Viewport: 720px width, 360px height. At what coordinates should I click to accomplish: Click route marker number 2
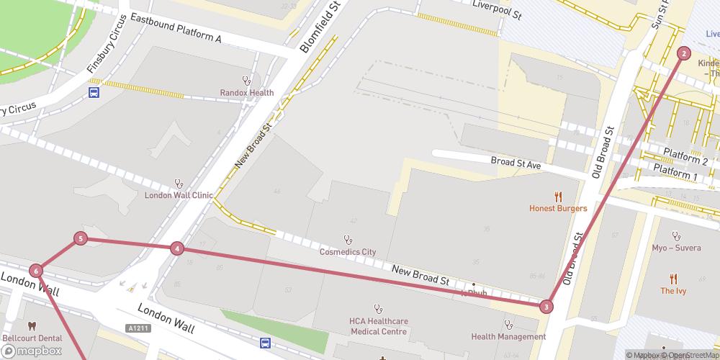click(x=683, y=53)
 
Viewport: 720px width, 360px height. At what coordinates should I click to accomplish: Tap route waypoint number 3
click(x=546, y=307)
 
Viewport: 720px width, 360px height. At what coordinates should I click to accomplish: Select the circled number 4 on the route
click(x=177, y=248)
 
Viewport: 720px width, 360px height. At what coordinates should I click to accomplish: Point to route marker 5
click(x=81, y=238)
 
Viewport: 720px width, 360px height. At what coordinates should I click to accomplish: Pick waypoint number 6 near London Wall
click(x=36, y=271)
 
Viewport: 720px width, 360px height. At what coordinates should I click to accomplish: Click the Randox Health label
click(x=247, y=92)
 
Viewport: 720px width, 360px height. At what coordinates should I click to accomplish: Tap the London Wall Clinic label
click(x=179, y=194)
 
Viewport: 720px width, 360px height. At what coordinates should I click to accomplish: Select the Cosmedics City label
click(x=348, y=252)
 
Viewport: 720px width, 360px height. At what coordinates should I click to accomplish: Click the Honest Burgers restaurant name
click(x=557, y=208)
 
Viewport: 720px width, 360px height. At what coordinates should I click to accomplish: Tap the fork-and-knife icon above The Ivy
click(x=673, y=278)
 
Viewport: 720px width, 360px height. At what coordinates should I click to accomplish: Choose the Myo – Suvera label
click(x=675, y=248)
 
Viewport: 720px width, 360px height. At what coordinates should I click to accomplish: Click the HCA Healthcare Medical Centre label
click(x=378, y=326)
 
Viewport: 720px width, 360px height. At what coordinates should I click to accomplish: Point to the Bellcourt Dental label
click(x=31, y=337)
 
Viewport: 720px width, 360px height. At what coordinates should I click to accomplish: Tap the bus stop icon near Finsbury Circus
click(x=94, y=92)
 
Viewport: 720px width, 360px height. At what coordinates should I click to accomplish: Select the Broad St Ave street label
click(x=516, y=163)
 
